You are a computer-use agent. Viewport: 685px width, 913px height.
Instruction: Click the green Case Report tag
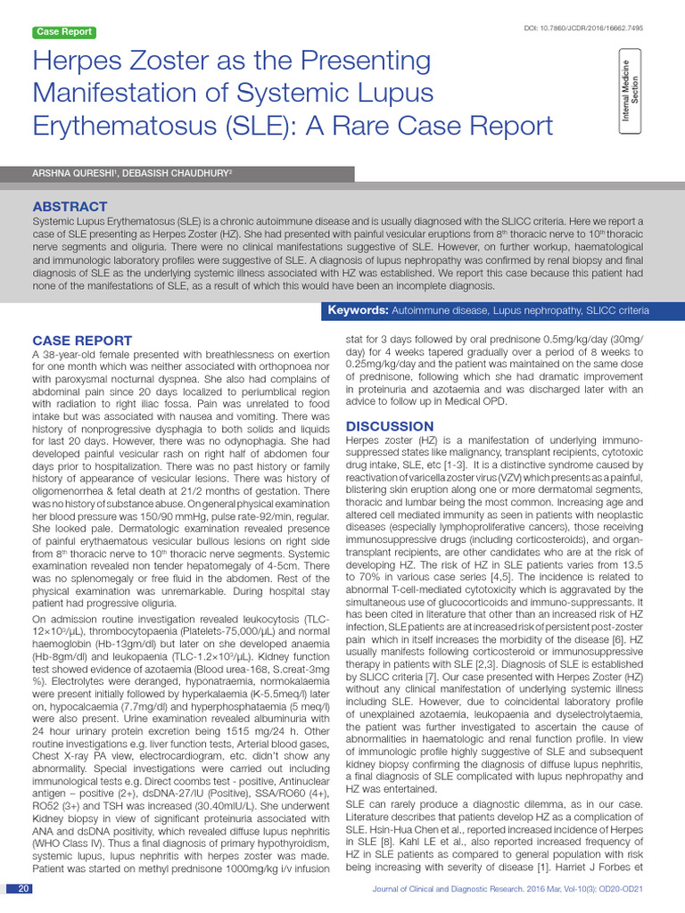coord(63,32)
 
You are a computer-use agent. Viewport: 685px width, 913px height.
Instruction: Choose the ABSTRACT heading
coord(70,206)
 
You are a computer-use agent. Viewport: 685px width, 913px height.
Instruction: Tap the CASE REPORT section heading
coord(82,341)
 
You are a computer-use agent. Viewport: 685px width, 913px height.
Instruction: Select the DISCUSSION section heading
coord(390,426)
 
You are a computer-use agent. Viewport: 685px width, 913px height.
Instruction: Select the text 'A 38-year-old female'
coord(84,354)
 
